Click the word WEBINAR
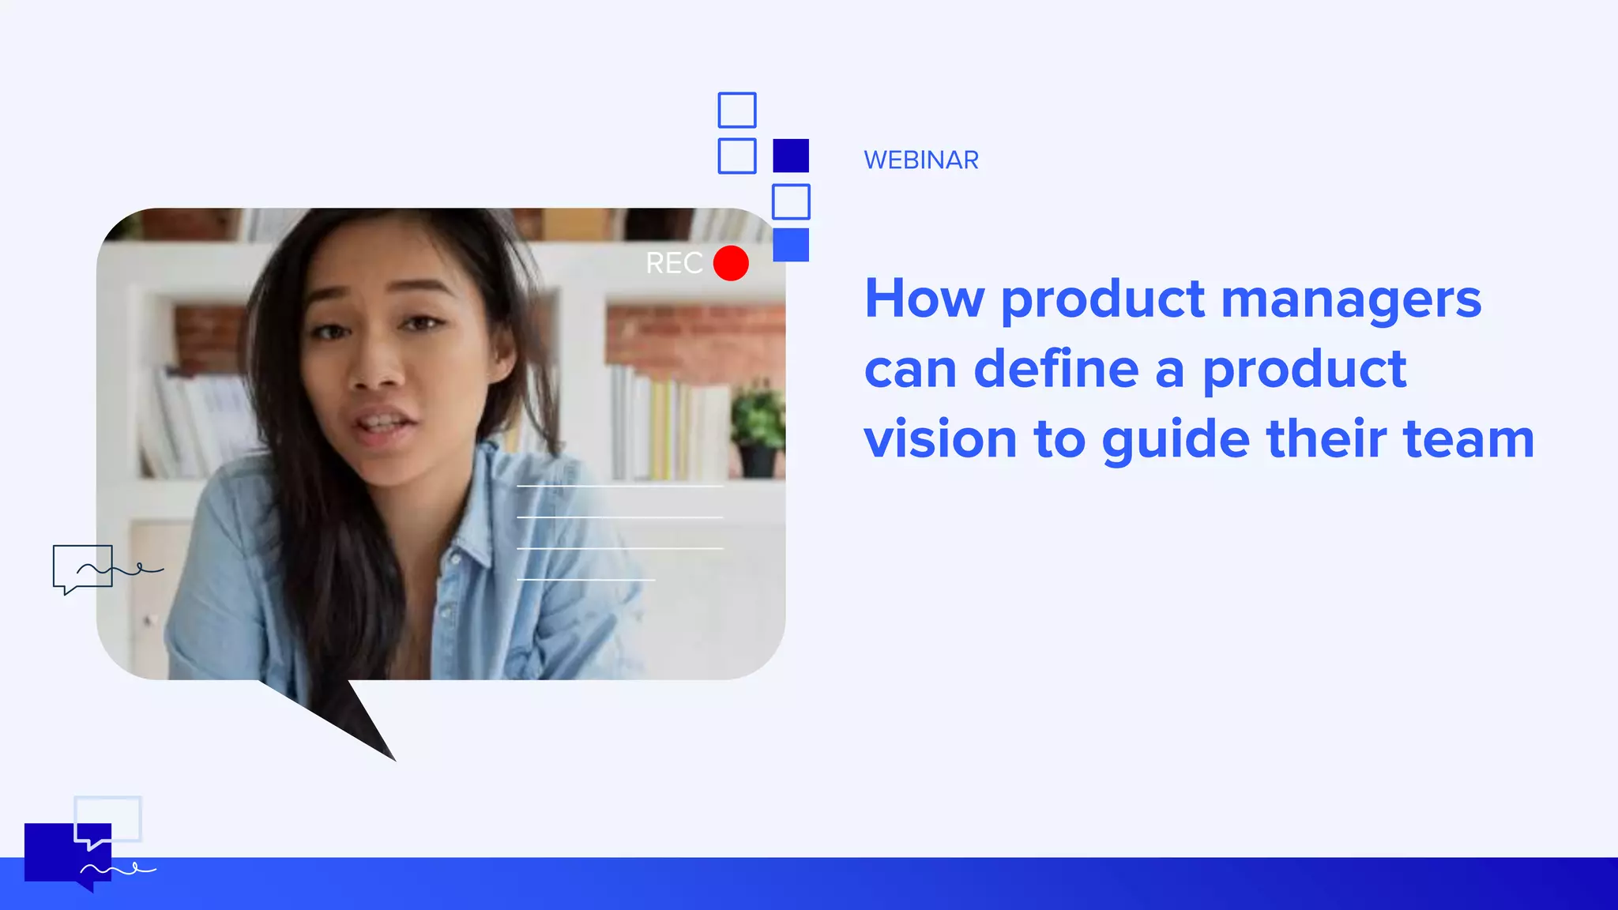(x=921, y=160)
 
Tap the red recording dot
(x=731, y=263)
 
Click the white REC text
(x=674, y=263)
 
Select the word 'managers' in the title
(x=1351, y=299)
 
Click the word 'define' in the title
(x=1055, y=369)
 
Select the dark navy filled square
(x=791, y=156)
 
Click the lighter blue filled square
(x=791, y=245)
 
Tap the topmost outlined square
(x=737, y=110)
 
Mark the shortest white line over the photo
(x=585, y=580)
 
